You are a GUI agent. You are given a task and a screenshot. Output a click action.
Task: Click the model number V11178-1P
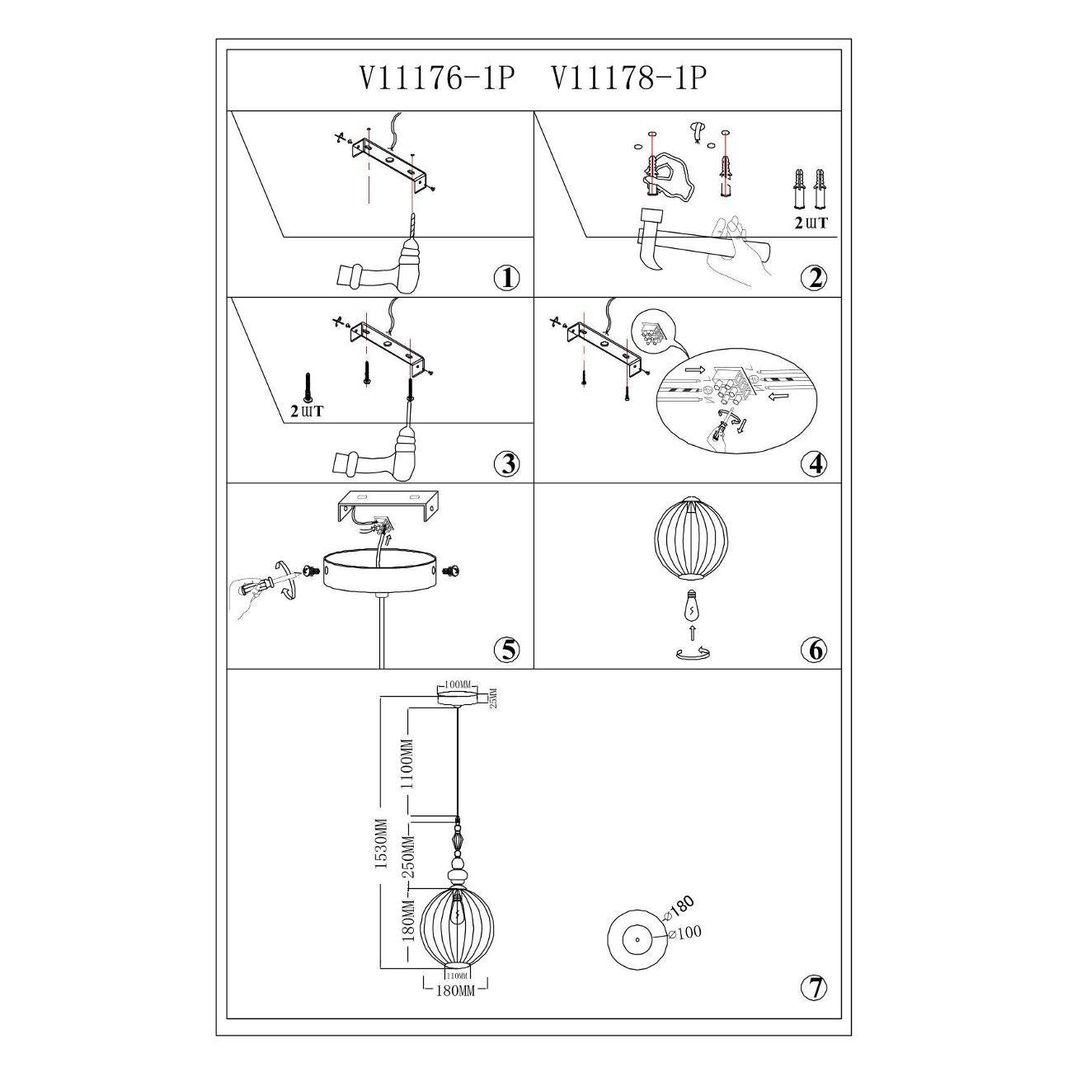tap(628, 79)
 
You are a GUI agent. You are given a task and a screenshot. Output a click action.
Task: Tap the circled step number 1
tap(507, 278)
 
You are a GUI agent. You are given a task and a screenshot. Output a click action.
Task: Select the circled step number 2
tap(814, 278)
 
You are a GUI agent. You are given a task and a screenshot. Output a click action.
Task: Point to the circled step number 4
tap(814, 464)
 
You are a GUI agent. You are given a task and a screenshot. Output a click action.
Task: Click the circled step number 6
tap(814, 651)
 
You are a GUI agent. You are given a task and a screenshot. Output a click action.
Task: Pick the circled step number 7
tap(814, 987)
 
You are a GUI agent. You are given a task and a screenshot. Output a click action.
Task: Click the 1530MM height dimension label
tap(380, 849)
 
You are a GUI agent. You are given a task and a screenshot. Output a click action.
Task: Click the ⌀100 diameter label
tap(687, 933)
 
